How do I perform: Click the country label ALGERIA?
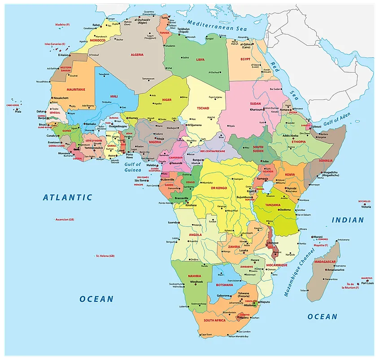tap(137, 54)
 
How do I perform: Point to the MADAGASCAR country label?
tap(325, 261)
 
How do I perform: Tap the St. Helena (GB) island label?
tap(105, 256)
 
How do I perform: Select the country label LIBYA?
tap(200, 59)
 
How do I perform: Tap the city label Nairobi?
tap(292, 188)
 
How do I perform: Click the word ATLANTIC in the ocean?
tap(68, 197)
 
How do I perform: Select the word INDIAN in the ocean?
tap(348, 220)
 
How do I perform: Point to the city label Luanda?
tap(173, 222)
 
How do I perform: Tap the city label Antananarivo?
tap(335, 270)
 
